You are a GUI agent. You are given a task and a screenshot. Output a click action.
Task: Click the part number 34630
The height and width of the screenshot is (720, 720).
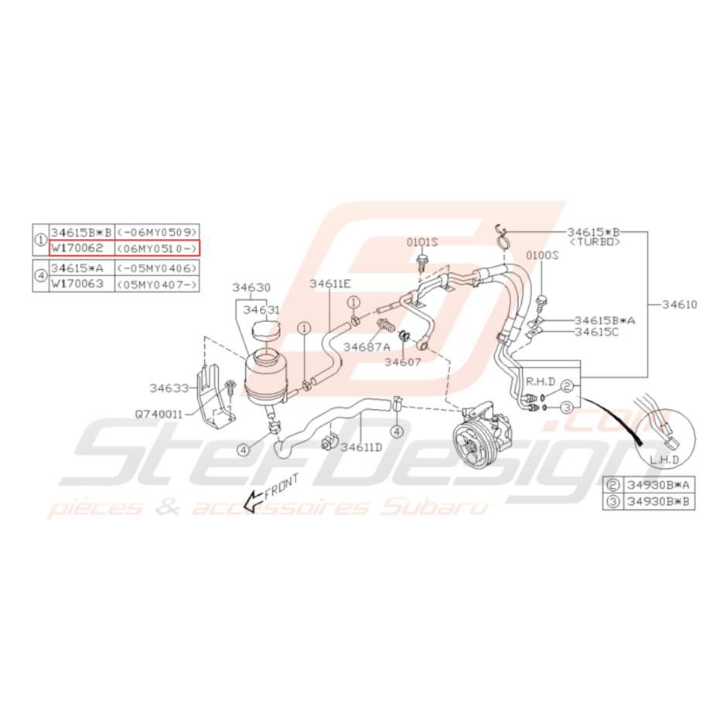251,288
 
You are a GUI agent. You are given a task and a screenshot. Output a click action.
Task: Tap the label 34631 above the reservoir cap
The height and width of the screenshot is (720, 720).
261,310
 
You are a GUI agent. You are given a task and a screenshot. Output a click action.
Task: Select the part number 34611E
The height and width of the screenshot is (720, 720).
330,284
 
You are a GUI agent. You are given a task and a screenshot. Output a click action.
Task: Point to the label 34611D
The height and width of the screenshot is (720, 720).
361,447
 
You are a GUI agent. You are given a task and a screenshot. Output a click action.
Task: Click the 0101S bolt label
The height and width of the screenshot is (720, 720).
422,242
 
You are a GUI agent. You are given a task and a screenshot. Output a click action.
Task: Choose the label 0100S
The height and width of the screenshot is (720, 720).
542,255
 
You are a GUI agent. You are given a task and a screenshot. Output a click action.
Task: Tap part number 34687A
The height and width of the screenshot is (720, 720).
367,347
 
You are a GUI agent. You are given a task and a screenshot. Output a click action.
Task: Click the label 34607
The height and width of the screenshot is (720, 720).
403,362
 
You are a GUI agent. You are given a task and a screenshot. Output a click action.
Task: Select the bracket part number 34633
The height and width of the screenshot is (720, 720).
169,388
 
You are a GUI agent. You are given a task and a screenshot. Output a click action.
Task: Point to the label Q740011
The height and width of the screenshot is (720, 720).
159,415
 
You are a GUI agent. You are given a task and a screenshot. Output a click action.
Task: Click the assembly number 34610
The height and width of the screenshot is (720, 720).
680,305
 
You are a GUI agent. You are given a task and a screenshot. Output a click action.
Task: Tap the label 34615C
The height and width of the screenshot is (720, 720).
597,332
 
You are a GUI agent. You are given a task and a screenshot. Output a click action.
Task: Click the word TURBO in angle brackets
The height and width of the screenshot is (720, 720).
595,242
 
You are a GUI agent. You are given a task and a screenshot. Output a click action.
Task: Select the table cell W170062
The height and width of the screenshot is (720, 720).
77,248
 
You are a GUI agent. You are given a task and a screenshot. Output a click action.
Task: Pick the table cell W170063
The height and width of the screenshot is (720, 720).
77,284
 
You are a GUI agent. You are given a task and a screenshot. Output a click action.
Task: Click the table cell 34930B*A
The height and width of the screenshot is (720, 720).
658,485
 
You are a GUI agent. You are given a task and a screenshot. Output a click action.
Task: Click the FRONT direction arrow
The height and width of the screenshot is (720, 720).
253,501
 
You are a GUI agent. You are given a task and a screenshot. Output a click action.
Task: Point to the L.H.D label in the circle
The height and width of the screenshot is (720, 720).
664,459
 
